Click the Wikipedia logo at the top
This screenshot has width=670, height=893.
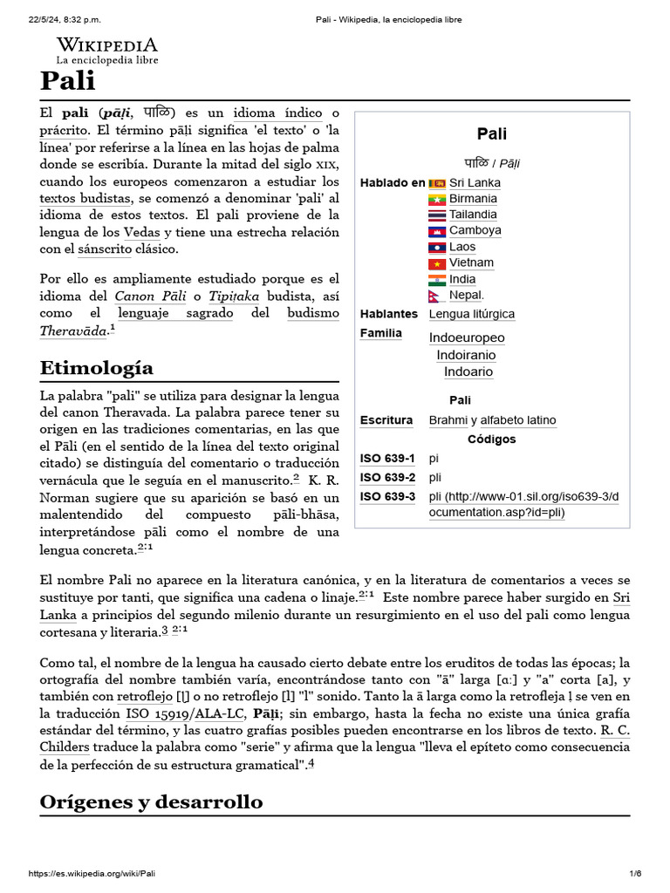[107, 51]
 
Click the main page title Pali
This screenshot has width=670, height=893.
[67, 83]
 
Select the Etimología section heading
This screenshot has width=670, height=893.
[96, 367]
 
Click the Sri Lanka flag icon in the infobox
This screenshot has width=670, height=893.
[437, 183]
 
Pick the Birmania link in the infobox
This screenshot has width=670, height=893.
[473, 199]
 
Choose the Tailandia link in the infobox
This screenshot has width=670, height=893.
[473, 215]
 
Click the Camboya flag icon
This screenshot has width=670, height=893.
[437, 231]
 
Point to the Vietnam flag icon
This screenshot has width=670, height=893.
[437, 263]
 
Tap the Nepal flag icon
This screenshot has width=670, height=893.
[435, 296]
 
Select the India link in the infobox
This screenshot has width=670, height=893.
[462, 279]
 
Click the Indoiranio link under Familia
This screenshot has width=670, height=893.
[466, 355]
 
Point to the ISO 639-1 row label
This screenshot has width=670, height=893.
[387, 458]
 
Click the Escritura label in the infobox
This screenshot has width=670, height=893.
[386, 420]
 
